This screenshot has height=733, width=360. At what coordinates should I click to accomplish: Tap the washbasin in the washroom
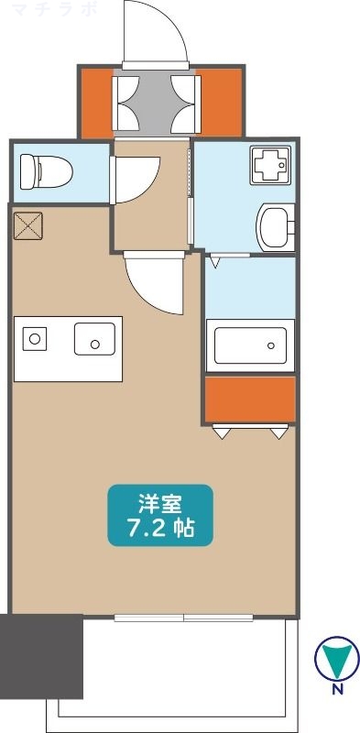(x=276, y=226)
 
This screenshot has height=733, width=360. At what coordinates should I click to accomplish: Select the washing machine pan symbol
(x=270, y=167)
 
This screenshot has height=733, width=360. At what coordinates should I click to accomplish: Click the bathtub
(x=249, y=345)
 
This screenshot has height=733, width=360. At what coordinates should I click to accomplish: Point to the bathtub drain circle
(x=270, y=345)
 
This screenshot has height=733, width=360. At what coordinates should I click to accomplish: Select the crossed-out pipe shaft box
(x=27, y=225)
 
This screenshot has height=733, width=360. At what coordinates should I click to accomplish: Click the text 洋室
(x=159, y=503)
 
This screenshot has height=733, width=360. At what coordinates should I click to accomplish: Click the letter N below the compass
(x=337, y=689)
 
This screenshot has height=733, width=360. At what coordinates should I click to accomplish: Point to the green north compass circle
(x=336, y=657)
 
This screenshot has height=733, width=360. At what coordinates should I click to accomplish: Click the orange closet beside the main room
(x=249, y=399)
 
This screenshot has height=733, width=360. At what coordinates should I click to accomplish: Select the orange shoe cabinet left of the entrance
(x=95, y=101)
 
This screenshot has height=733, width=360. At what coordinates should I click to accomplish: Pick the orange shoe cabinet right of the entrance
(x=221, y=101)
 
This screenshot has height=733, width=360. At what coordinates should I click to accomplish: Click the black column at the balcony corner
(x=42, y=656)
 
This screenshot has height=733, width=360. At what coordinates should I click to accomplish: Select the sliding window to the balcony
(x=183, y=617)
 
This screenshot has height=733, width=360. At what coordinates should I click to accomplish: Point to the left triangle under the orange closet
(x=221, y=432)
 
